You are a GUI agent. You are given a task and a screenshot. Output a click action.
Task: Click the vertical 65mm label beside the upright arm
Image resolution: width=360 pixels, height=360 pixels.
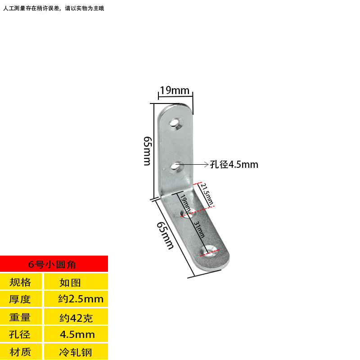147,151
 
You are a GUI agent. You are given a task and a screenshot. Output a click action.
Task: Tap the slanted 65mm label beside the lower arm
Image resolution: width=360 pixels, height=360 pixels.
165,235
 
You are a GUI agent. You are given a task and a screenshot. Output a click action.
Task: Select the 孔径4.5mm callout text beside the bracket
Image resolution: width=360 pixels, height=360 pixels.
234,165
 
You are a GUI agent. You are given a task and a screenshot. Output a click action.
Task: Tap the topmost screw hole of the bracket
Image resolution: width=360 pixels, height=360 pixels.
176,123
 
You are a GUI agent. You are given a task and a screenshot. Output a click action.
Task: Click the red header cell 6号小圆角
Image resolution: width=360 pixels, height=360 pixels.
54,264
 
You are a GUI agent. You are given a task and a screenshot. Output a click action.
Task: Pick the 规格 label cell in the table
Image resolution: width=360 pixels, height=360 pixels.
21,282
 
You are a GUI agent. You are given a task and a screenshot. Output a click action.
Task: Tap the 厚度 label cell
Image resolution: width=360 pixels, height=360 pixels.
21,299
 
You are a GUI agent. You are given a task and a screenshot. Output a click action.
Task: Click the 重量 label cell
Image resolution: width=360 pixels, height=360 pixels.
21,317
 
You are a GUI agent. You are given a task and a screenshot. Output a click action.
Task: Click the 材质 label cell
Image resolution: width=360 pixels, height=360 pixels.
21,351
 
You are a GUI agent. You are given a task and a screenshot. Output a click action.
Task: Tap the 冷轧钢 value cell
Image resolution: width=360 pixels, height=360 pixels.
76,351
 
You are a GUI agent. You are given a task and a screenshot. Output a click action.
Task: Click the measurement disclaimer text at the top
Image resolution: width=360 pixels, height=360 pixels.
54,9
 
